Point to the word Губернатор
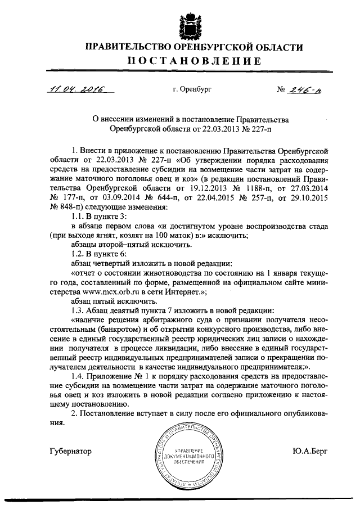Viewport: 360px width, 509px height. pyautogui.click(x=70, y=451)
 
